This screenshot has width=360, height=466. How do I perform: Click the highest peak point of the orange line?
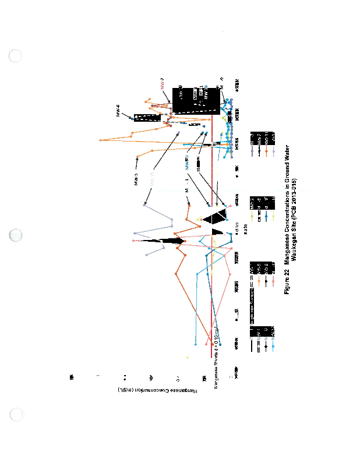(101, 139)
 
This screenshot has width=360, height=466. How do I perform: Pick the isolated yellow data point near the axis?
(187, 357)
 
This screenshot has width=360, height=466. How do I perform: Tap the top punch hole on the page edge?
(16, 56)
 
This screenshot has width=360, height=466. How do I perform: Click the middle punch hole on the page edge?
(16, 236)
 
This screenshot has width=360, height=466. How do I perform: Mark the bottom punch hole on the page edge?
(16, 415)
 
